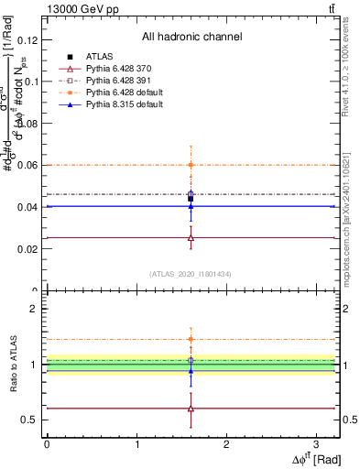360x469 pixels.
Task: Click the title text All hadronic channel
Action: (191, 37)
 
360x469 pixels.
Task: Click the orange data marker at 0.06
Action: (191, 165)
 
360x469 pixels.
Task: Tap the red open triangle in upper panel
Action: (191, 237)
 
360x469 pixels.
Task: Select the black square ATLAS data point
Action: (191, 198)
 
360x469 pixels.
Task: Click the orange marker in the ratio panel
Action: (191, 339)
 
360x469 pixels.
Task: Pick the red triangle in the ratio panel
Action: (191, 409)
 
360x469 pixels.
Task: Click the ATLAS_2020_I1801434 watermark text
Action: (191, 274)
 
